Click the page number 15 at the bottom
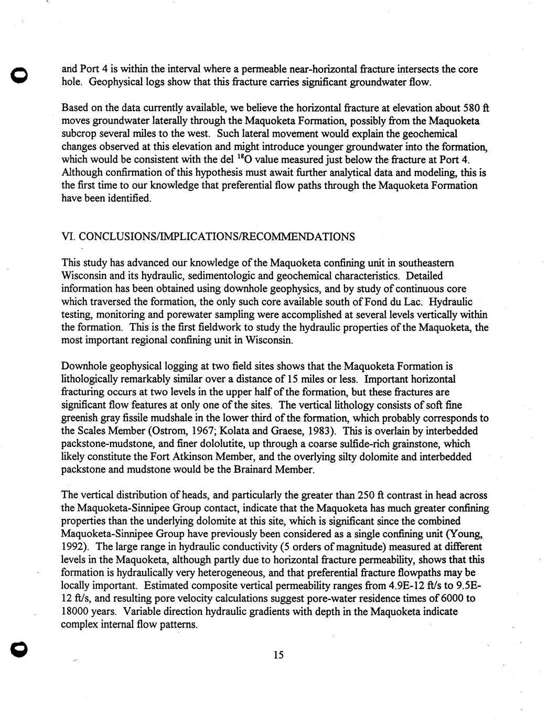point(278,654)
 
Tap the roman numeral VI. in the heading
point(68,237)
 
